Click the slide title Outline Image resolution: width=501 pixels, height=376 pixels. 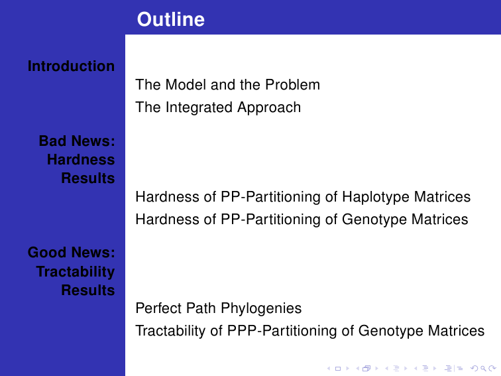click(x=170, y=19)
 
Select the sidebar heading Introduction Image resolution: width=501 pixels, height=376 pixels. click(x=71, y=66)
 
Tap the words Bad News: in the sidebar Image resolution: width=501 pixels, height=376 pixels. click(x=77, y=141)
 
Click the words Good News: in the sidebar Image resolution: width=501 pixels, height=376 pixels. click(x=71, y=252)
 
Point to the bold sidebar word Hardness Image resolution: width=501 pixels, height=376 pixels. click(x=81, y=160)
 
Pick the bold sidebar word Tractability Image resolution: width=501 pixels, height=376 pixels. click(x=76, y=272)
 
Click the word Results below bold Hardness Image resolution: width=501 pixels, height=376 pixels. click(x=88, y=178)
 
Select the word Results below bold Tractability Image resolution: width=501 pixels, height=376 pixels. click(x=88, y=290)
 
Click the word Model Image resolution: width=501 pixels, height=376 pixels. click(x=186, y=85)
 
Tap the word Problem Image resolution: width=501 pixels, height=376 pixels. click(x=292, y=85)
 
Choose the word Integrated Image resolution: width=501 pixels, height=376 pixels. click(x=199, y=107)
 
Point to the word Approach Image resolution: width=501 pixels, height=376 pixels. click(x=269, y=107)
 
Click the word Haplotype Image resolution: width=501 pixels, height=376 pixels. click(x=375, y=197)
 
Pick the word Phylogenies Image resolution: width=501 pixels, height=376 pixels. click(x=261, y=308)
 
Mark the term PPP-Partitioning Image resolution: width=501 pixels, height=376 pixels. click(x=282, y=331)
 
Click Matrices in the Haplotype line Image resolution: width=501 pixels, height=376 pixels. click(x=441, y=197)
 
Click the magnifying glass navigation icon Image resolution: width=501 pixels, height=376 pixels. click(x=483, y=369)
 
